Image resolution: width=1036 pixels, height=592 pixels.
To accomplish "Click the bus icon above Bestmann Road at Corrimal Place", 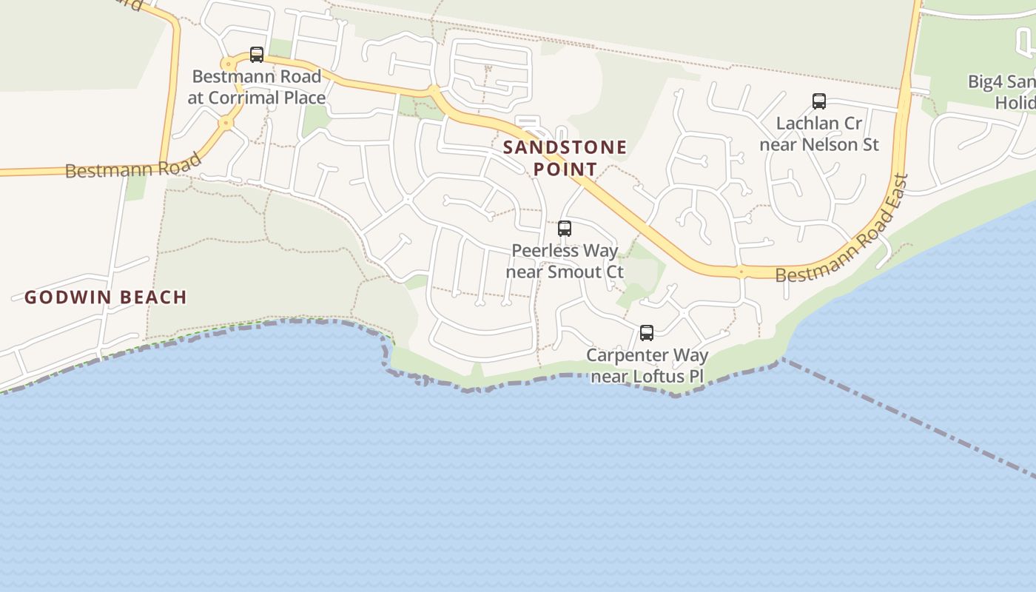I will [257, 54].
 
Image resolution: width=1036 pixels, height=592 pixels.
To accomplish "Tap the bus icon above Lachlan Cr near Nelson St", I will [818, 101].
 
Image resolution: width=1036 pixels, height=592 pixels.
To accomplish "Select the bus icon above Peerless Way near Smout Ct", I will [565, 229].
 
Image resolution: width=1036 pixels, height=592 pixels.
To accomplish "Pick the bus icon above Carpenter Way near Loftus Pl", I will [647, 333].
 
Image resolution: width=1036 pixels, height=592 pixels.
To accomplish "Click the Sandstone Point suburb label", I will [565, 158].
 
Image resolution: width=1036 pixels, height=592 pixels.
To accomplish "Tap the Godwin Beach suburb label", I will [105, 297].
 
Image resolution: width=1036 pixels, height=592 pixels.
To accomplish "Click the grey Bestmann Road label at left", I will [133, 166].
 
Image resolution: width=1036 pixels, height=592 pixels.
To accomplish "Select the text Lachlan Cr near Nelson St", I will [819, 134].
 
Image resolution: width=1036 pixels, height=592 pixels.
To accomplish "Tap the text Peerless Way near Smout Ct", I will [565, 261].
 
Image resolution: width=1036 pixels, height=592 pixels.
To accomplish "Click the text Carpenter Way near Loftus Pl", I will [647, 366].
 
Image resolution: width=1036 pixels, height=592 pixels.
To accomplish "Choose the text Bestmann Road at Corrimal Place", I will [257, 87].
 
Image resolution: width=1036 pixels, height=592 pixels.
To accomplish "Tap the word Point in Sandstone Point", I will [565, 169].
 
